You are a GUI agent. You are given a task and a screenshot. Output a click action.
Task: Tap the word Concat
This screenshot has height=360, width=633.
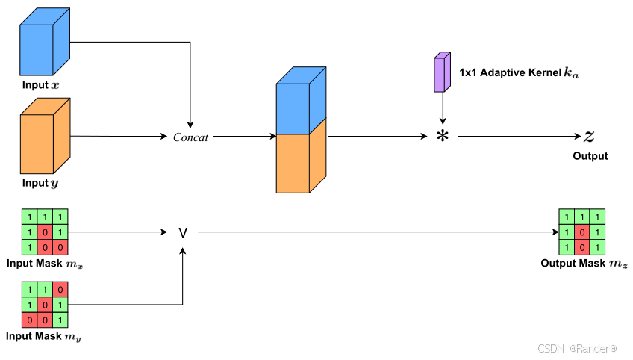pos(190,137)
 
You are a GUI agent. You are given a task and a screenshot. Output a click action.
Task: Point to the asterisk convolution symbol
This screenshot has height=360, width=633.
pos(443,137)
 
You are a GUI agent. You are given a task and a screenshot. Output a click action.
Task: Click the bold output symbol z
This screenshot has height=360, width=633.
pos(589,136)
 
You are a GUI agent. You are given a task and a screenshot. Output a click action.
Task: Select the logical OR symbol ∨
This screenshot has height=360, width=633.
pos(183,233)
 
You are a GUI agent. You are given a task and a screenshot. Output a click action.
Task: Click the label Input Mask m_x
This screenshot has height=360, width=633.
pos(44,264)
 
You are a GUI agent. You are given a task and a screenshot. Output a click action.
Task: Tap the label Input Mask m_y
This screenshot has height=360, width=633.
pos(43,337)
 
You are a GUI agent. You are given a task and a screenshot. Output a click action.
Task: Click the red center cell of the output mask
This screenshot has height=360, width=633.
pos(580,232)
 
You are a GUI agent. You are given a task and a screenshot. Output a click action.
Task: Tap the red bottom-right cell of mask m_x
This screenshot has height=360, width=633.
pos(60,246)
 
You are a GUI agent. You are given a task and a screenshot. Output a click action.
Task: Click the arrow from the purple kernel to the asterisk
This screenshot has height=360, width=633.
pos(443,108)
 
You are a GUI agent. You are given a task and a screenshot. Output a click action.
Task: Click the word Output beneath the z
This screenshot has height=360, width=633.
pos(590,156)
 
